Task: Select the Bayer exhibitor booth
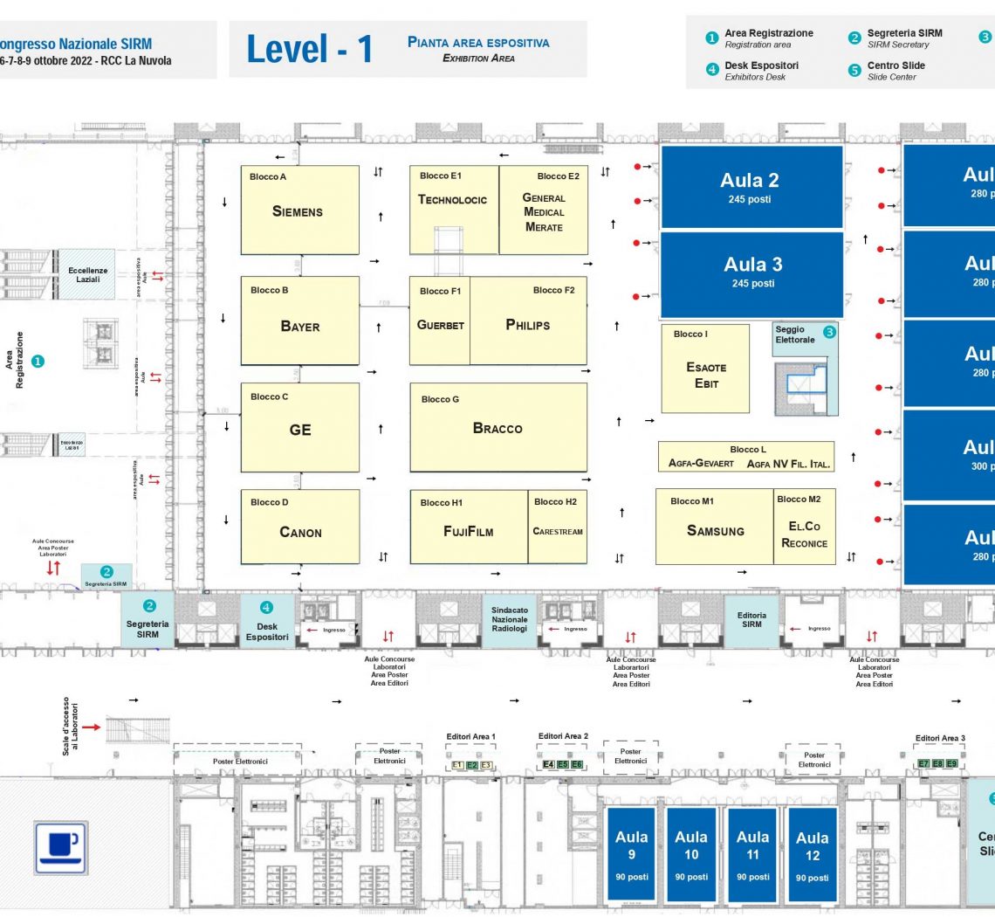pos(299,326)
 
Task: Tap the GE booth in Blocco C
pos(299,429)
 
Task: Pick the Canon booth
pos(299,532)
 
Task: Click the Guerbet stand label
pos(440,325)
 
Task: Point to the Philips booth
pos(528,325)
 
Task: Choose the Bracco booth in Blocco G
pos(497,428)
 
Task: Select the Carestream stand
pos(558,531)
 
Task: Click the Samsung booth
pos(715,530)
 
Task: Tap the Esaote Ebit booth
pos(705,376)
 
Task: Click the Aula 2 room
pos(751,187)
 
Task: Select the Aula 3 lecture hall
pos(751,272)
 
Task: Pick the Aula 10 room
pos(691,854)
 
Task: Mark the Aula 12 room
pos(812,854)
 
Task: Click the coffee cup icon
pos(60,846)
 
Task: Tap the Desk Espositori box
pos(267,622)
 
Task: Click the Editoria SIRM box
pos(751,619)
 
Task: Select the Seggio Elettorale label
pos(795,335)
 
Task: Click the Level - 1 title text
pos(309,50)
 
